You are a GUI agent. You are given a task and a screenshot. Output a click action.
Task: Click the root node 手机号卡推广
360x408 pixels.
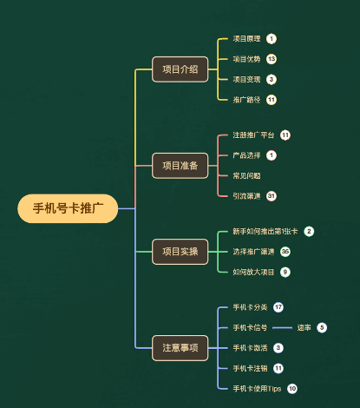[68, 208]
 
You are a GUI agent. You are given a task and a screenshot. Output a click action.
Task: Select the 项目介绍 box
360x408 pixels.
[180, 69]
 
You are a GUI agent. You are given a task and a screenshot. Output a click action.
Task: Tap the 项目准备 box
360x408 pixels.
[180, 165]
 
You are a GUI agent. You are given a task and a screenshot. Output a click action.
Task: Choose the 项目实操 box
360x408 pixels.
[180, 252]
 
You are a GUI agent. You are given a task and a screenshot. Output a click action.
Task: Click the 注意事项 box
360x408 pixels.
[180, 347]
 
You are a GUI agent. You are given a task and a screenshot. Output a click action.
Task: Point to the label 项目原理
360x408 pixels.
[246, 39]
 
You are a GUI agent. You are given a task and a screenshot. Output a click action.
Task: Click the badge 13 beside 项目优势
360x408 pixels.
[272, 59]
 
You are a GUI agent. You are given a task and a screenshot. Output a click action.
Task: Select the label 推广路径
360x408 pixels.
[246, 99]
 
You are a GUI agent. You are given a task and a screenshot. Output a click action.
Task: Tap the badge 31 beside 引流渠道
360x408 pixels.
[272, 195]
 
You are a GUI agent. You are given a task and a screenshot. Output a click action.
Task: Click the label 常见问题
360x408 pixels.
[246, 175]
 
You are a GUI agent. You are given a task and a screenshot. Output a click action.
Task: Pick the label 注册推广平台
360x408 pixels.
[253, 135]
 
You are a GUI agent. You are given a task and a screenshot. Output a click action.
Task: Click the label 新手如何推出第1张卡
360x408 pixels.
[265, 232]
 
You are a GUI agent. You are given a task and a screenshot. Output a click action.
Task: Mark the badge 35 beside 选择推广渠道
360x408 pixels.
[285, 252]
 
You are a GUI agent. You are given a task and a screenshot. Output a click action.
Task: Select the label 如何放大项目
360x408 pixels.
[252, 272]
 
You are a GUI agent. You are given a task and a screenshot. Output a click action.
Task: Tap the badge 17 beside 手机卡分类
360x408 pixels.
[278, 307]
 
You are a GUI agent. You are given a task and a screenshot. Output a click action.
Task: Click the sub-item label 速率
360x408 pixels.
[304, 327]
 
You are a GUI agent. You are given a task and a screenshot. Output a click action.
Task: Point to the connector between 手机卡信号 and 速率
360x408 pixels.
[282, 328]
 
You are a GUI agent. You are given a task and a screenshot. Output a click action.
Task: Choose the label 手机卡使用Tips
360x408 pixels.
[257, 388]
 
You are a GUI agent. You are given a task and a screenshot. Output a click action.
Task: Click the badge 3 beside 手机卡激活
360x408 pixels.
[278, 347]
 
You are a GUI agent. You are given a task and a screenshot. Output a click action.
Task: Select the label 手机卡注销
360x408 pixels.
[252, 368]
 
